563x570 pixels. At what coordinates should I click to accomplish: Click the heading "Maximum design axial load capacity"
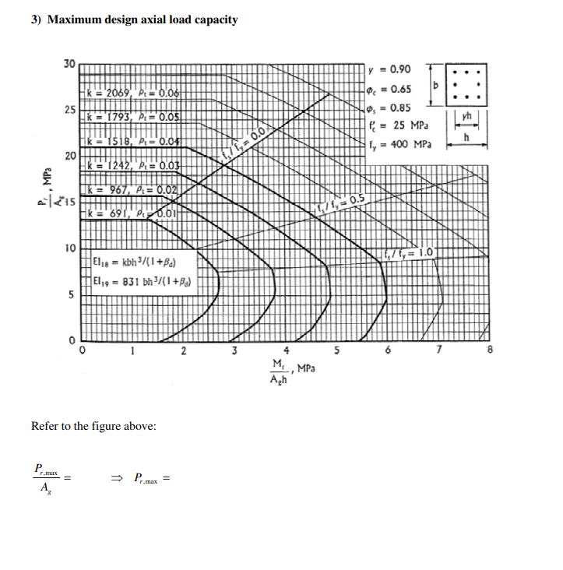143,19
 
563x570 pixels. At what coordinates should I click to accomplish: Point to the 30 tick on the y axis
69,63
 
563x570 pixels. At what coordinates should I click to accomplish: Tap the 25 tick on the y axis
69,110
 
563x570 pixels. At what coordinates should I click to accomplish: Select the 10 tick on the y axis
69,248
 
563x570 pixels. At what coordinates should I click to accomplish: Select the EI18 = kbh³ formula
139,262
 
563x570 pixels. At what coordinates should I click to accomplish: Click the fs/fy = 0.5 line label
340,202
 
